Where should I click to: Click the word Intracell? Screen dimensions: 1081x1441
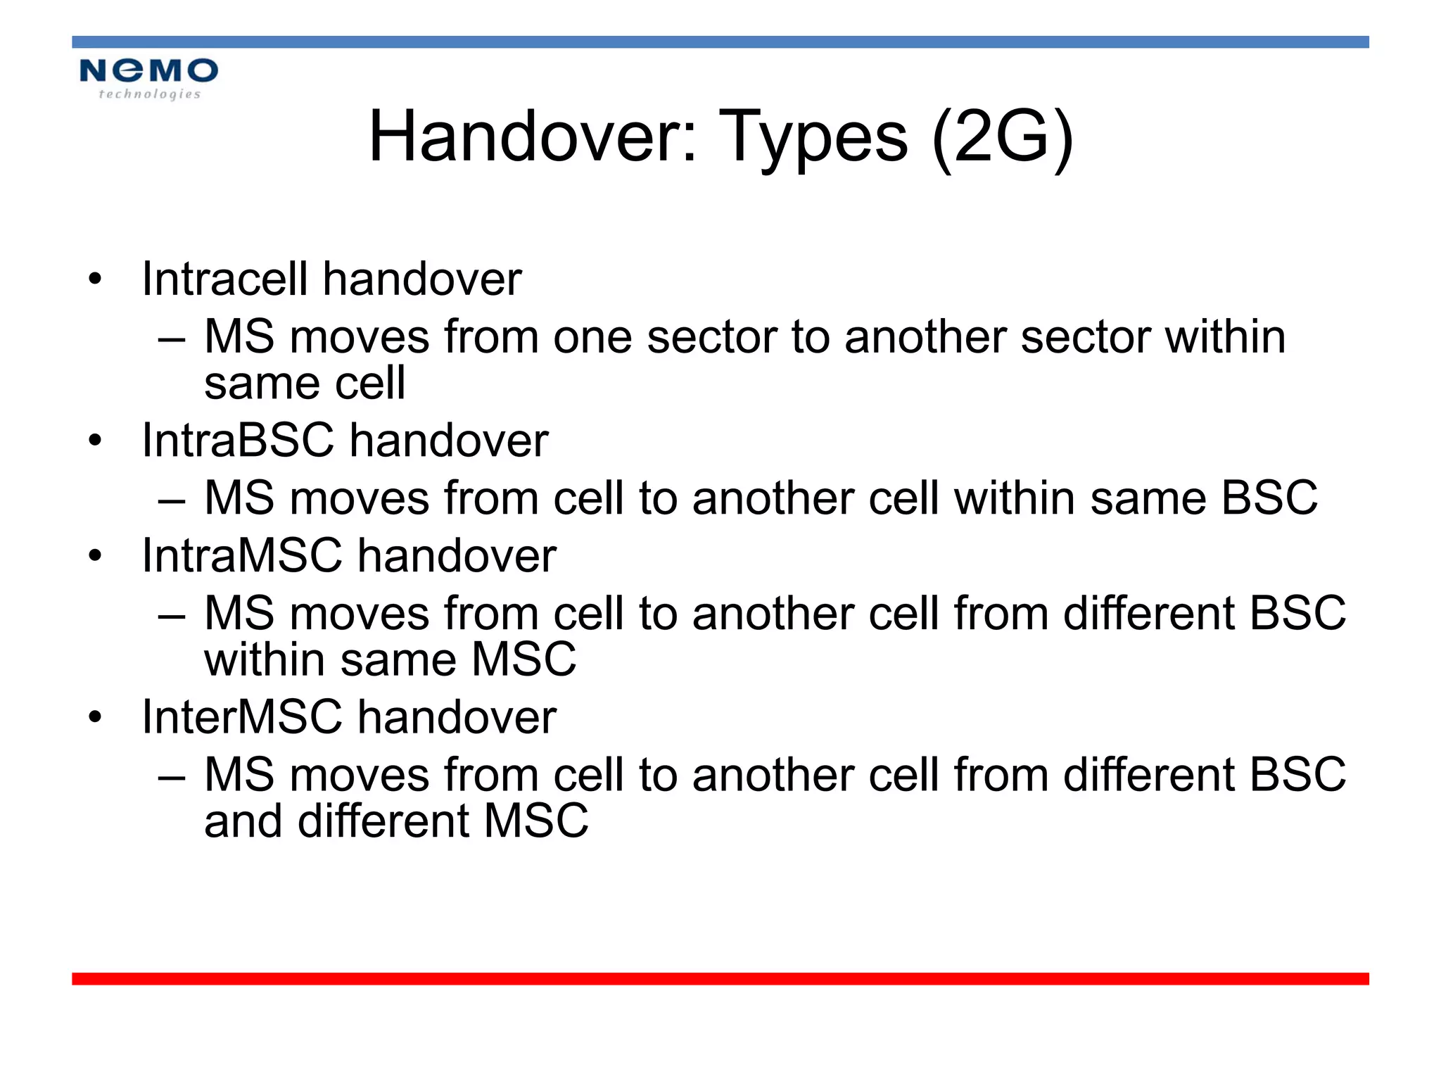(224, 279)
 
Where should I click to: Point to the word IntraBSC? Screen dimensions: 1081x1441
(237, 441)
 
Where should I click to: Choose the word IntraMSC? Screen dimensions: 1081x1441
(241, 556)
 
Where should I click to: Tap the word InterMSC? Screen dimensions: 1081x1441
(241, 717)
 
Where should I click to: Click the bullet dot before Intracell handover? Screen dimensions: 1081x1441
(95, 279)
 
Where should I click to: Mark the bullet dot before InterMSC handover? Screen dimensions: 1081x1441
(95, 718)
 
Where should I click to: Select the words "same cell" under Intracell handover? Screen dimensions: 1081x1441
(305, 384)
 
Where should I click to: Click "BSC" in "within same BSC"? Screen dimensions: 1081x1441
(1269, 498)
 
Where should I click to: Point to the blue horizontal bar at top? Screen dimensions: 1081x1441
(720, 42)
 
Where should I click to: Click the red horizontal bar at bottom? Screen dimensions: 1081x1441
(720, 979)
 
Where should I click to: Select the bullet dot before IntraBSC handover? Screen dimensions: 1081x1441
(95, 441)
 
